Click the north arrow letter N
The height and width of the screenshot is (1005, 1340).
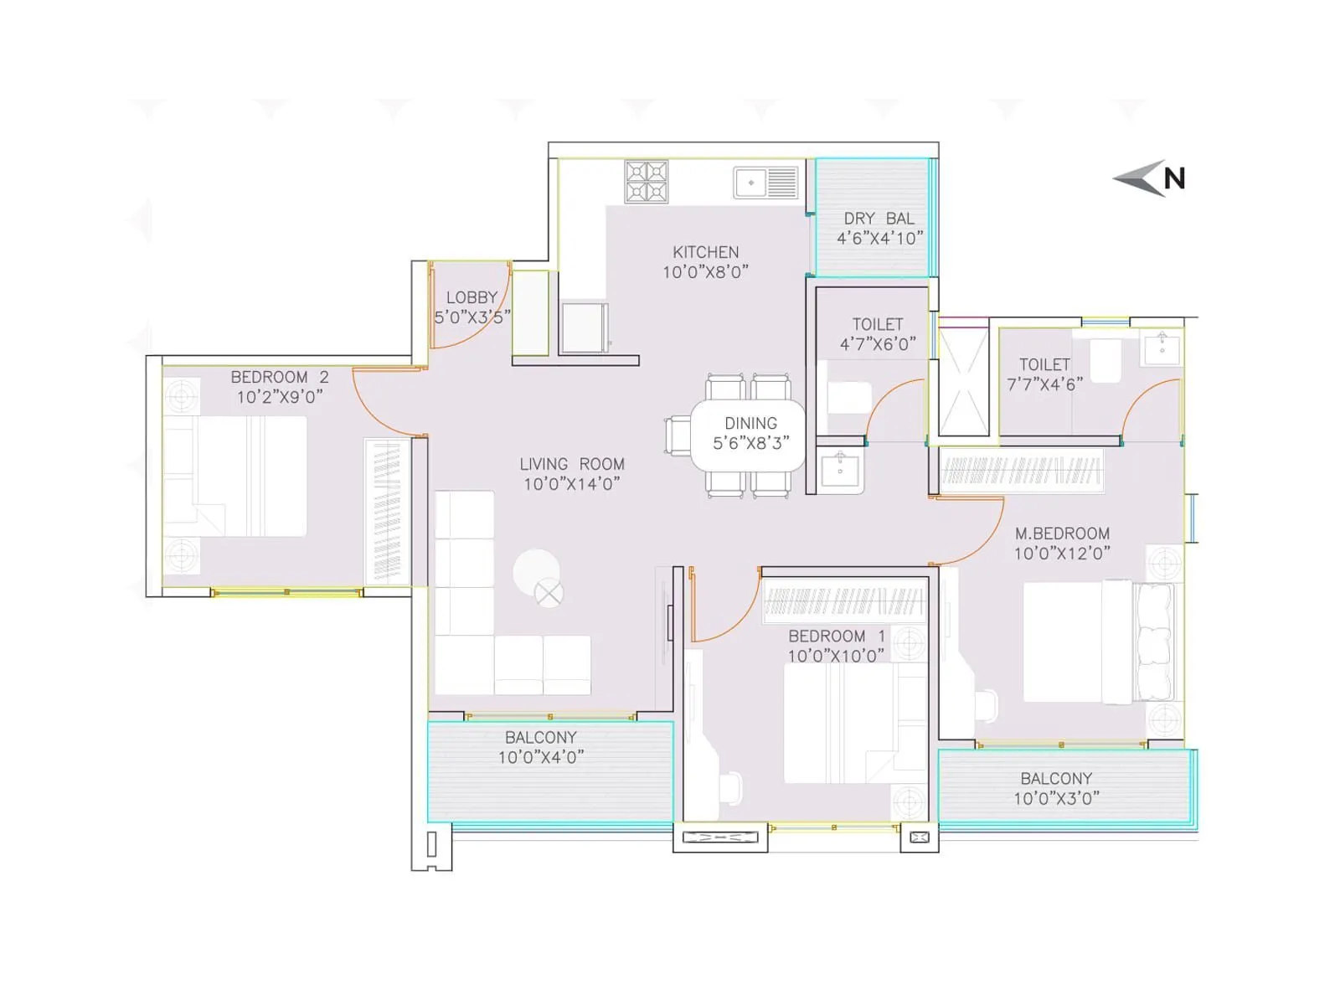point(1174,178)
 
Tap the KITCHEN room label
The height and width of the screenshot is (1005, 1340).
point(705,252)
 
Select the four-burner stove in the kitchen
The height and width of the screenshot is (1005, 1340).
point(646,182)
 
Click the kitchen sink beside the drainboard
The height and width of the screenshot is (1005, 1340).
point(750,183)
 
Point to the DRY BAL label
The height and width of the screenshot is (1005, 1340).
point(879,219)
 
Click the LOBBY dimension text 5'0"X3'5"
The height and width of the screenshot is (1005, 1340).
point(472,317)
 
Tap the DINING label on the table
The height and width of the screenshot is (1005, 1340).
point(750,424)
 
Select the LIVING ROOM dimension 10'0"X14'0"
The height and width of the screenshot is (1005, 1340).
point(571,484)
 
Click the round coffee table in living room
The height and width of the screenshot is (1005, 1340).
point(536,571)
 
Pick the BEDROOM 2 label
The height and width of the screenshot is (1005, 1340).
point(279,378)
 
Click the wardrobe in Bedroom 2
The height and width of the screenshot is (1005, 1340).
point(387,511)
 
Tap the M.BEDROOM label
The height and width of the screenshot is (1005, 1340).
point(1062,533)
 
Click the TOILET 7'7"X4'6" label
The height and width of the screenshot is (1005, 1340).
point(1044,374)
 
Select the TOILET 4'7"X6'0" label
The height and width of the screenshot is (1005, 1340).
point(878,334)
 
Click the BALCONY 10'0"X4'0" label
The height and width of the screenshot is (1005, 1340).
point(541,747)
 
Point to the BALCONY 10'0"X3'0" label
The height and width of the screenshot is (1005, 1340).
point(1056,788)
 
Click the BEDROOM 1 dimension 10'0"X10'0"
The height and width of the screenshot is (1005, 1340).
point(835,656)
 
